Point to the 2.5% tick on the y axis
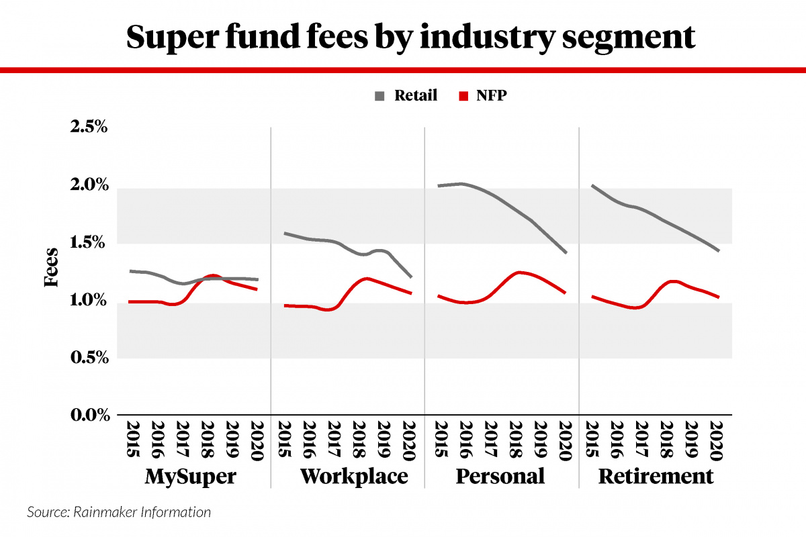pyautogui.click(x=89, y=127)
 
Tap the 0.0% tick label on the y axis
pyautogui.click(x=89, y=416)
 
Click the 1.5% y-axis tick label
pyautogui.click(x=89, y=242)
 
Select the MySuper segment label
pyautogui.click(x=191, y=477)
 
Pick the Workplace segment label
pyautogui.click(x=354, y=477)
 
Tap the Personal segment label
pyautogui.click(x=500, y=477)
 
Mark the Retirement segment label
pyautogui.click(x=656, y=477)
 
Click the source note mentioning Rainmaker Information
pyautogui.click(x=119, y=513)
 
